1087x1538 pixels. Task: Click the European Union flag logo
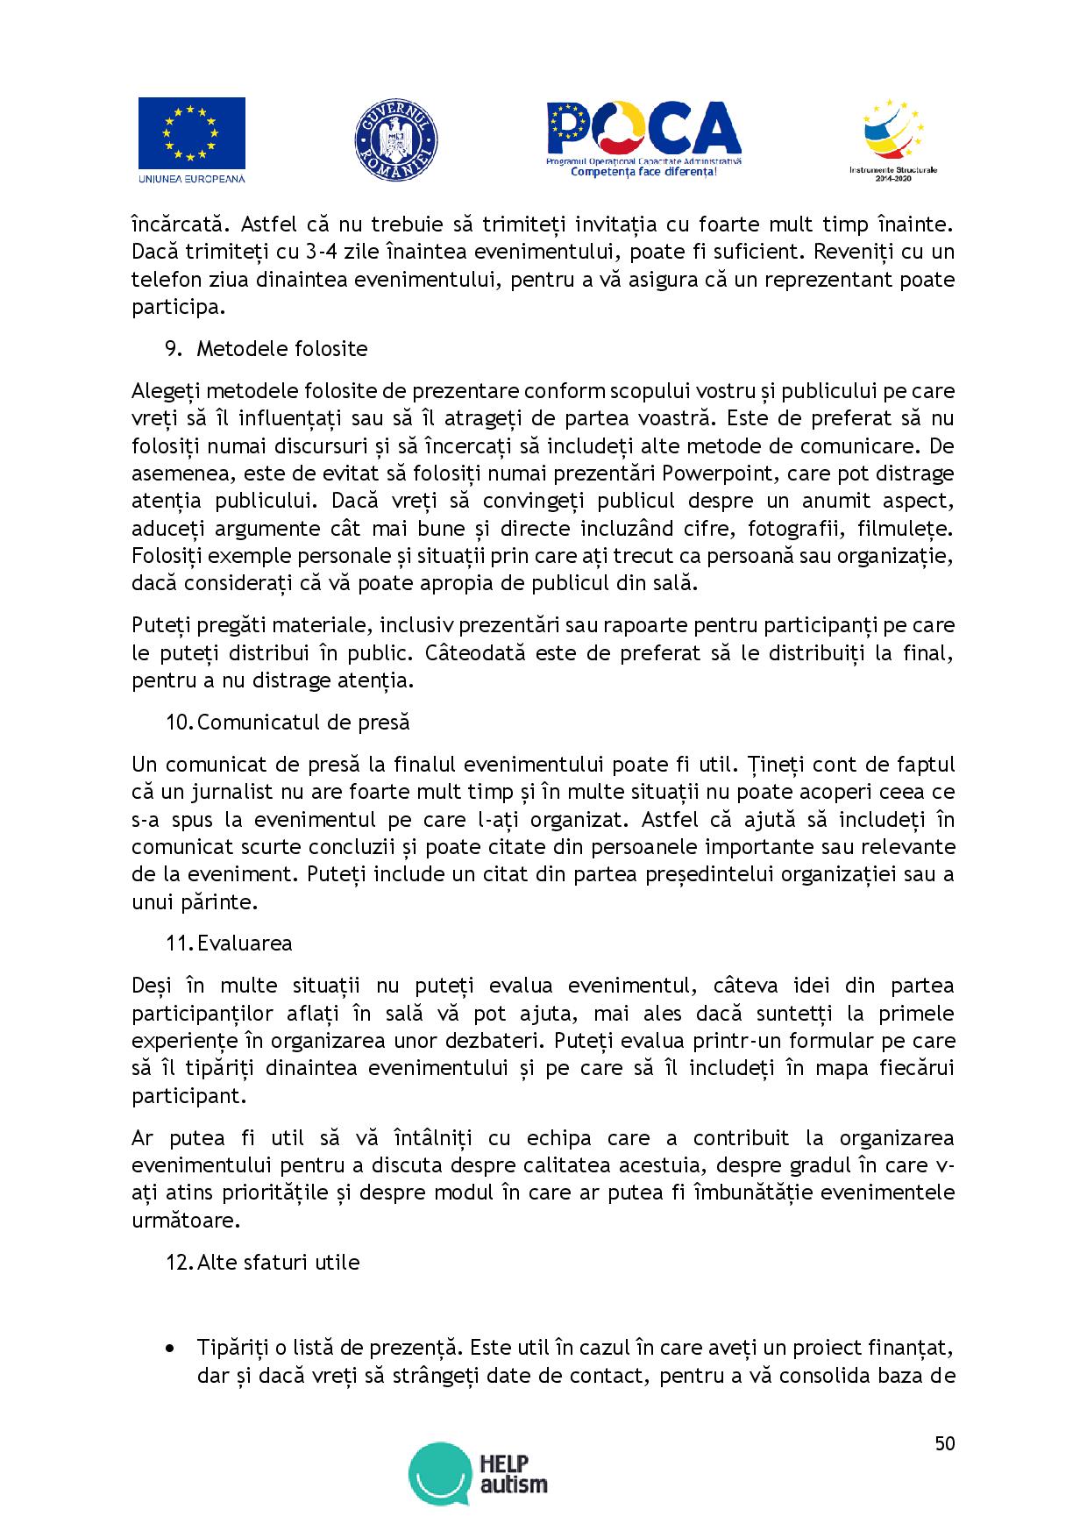[191, 133]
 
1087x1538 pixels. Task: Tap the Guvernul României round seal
[396, 140]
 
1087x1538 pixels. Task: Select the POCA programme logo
[643, 139]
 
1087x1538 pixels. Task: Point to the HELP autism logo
[478, 1473]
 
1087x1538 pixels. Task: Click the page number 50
[944, 1443]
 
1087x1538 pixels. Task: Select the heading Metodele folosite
[281, 348]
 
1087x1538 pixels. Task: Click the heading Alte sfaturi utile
[278, 1262]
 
